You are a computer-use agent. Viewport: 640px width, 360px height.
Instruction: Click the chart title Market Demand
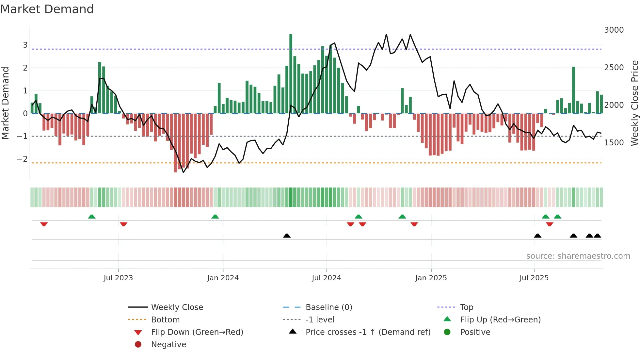click(x=47, y=9)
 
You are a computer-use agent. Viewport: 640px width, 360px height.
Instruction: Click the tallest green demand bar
click(x=291, y=74)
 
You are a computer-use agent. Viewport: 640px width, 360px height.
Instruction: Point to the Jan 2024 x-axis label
click(x=223, y=278)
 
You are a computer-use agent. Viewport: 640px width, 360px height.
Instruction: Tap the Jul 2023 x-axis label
click(x=118, y=278)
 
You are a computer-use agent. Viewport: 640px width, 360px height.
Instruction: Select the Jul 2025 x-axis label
click(x=534, y=278)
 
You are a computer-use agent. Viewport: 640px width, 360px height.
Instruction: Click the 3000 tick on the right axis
click(x=614, y=30)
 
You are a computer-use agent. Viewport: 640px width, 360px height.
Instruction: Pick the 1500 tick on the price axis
click(x=614, y=143)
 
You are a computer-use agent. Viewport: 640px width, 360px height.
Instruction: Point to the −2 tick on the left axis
click(x=23, y=159)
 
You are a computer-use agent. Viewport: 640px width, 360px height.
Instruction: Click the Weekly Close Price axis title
click(x=634, y=103)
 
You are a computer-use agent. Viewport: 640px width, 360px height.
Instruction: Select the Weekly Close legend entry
click(x=177, y=307)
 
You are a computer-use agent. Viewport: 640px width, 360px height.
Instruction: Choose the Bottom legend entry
click(x=165, y=320)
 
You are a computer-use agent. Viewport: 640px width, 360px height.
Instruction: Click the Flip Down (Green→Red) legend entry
click(x=197, y=332)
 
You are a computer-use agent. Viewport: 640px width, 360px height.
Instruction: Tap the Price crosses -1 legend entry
click(x=368, y=332)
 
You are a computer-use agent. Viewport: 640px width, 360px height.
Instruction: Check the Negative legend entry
click(x=168, y=345)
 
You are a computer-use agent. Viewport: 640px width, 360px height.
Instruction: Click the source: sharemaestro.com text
click(x=578, y=256)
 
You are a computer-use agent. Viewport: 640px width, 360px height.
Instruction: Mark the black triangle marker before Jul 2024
click(x=287, y=236)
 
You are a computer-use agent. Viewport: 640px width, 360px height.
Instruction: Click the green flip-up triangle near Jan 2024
click(x=215, y=217)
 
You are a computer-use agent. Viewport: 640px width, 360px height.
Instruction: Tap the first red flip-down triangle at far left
click(x=44, y=224)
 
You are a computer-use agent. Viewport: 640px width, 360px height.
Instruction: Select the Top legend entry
click(x=466, y=307)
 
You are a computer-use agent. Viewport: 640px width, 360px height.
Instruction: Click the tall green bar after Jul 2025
click(x=573, y=90)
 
